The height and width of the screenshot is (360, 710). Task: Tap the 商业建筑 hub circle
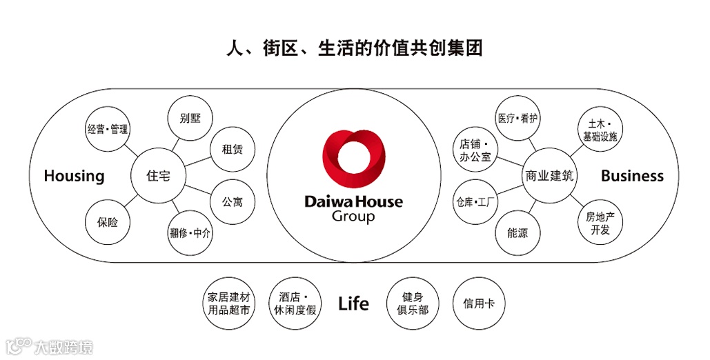(x=549, y=176)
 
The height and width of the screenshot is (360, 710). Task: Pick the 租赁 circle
(x=232, y=149)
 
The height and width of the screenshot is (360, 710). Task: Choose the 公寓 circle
(x=232, y=203)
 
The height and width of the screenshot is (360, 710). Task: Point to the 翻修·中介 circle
(x=190, y=233)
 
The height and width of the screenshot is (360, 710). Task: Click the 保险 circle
(x=108, y=222)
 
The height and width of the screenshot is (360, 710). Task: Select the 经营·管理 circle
(x=108, y=129)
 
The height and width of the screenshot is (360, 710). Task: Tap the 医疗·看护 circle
(x=517, y=118)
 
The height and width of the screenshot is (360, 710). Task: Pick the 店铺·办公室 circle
(x=475, y=150)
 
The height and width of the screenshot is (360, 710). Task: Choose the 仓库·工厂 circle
(x=476, y=203)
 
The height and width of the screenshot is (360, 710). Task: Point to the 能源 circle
(x=517, y=233)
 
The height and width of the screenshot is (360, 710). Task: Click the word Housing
(x=74, y=176)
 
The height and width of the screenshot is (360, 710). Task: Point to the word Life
(x=353, y=303)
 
